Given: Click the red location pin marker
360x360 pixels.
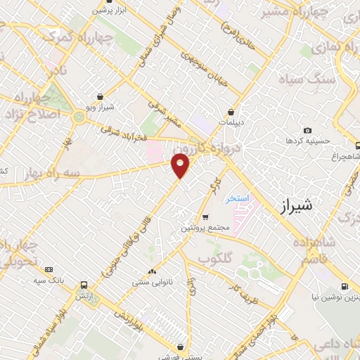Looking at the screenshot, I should (x=181, y=165).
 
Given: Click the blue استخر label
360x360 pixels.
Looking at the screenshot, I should (x=238, y=199).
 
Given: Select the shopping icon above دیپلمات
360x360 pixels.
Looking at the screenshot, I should (x=231, y=112).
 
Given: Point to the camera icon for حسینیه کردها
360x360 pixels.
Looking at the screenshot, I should (x=307, y=130).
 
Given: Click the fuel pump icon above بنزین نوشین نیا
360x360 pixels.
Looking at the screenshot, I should (x=344, y=286).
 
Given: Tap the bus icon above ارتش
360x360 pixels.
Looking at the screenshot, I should (x=84, y=285).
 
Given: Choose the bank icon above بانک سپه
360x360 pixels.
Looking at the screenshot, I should (x=49, y=269).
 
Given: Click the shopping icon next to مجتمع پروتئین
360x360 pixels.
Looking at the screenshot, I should (x=205, y=217).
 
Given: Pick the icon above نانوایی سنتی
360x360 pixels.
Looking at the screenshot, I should (x=152, y=271).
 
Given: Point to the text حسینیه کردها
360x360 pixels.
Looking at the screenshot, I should (x=304, y=141).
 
